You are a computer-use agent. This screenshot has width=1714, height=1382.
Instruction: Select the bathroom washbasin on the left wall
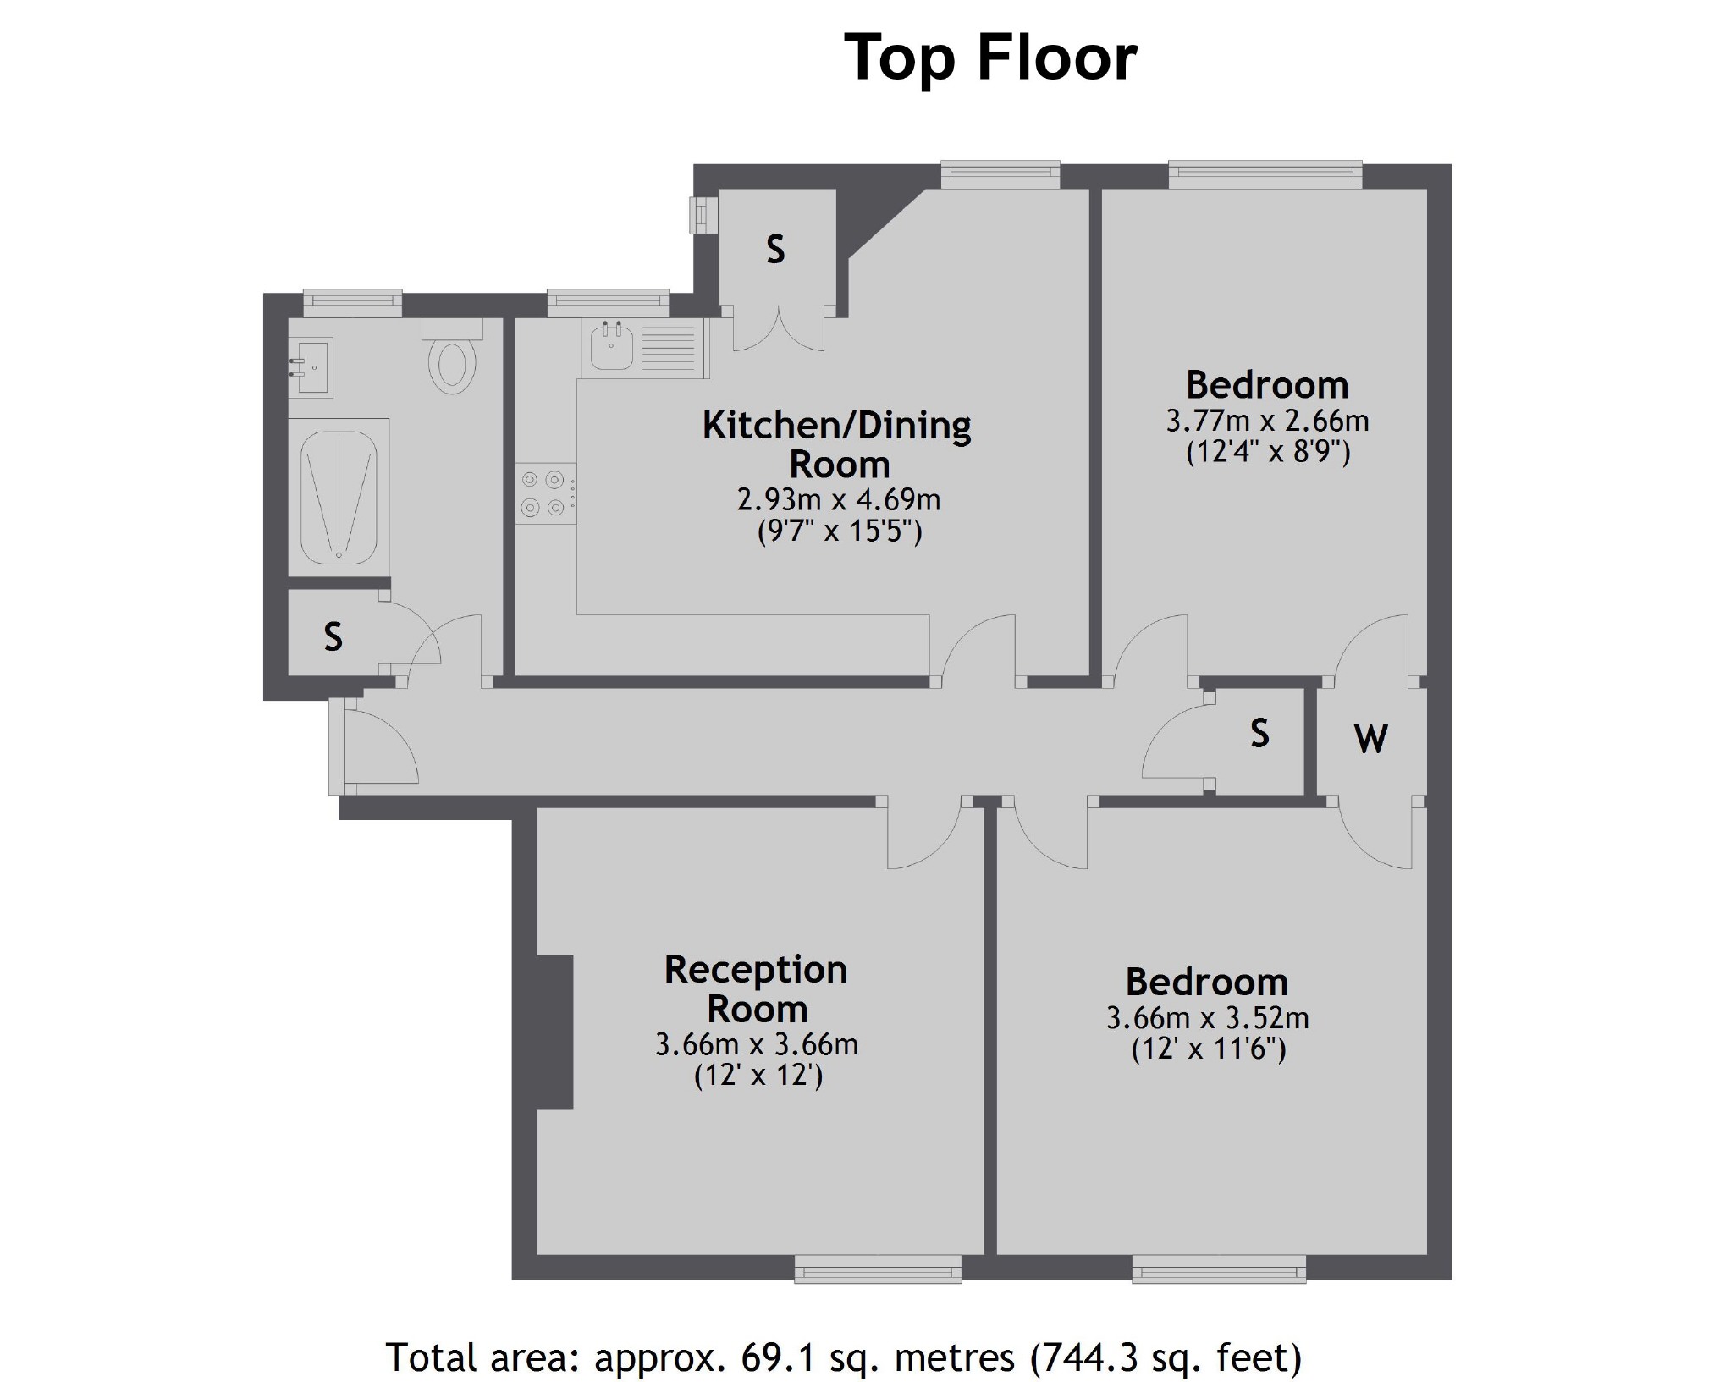[310, 367]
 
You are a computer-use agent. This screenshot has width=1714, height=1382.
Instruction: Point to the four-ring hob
[543, 493]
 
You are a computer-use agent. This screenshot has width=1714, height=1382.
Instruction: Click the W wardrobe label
[1370, 739]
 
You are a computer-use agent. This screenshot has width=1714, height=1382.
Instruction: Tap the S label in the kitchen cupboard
[775, 250]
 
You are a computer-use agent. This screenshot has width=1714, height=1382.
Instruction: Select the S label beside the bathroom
[333, 636]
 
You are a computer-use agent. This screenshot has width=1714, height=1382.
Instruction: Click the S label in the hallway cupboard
[1259, 733]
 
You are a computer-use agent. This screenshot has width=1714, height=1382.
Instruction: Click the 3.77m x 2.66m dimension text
[1267, 421]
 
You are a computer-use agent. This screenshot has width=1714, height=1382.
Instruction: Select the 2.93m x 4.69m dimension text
[838, 500]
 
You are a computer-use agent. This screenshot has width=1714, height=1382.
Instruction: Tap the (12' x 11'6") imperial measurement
[1208, 1050]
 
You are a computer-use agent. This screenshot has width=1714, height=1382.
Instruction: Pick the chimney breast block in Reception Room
[554, 1032]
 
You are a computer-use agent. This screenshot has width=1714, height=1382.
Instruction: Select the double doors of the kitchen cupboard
[778, 330]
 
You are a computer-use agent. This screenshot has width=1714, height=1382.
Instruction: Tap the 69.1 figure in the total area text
[777, 1357]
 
